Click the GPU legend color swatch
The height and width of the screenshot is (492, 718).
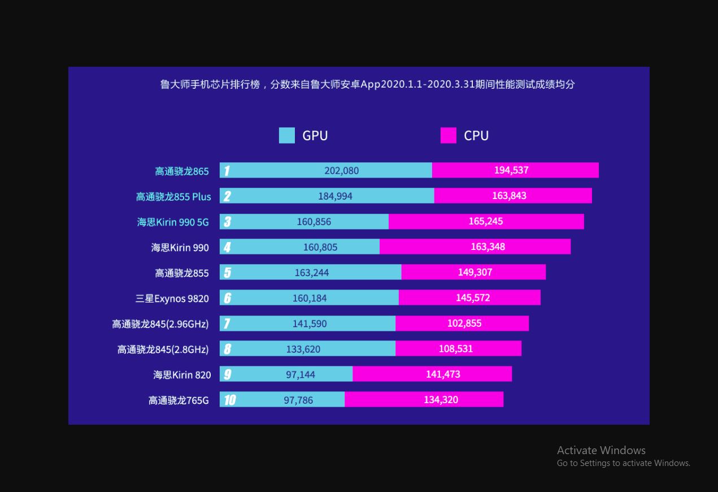[286, 136]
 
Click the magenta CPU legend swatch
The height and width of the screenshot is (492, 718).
[448, 136]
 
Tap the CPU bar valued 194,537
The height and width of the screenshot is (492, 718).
[515, 170]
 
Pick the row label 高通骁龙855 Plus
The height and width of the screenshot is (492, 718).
[173, 197]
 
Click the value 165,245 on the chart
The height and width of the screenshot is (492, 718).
[485, 221]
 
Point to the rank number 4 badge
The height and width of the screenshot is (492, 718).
[227, 247]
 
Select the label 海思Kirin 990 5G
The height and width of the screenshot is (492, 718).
[173, 222]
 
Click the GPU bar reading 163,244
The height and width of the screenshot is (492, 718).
[311, 273]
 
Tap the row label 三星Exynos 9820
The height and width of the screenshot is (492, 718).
[172, 299]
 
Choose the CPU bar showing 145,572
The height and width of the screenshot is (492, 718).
[469, 297]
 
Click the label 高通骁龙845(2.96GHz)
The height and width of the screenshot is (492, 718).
[160, 324]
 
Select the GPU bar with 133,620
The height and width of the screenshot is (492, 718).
[308, 349]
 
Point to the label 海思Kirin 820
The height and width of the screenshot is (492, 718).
[182, 375]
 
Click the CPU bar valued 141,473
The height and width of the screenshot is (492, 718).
[432, 374]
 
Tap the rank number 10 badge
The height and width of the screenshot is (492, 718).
[229, 400]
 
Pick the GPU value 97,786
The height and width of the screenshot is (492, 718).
[298, 400]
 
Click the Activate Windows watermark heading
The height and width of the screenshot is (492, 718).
[601, 450]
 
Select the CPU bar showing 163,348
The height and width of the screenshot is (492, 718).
[475, 247]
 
